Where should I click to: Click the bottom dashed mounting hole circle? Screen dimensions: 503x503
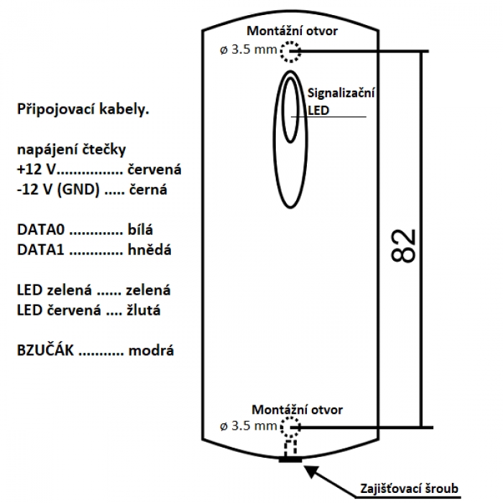290,429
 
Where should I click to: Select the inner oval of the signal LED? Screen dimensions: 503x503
290,108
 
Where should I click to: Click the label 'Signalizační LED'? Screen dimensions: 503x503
341,101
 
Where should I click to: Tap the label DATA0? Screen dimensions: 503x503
41,231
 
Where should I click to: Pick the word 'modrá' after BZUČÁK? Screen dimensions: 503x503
149,351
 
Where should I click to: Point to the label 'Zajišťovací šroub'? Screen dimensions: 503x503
409,489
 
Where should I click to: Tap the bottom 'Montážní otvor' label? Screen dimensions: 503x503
297,409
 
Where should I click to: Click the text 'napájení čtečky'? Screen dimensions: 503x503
71,150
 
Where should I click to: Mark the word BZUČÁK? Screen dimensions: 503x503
45,351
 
